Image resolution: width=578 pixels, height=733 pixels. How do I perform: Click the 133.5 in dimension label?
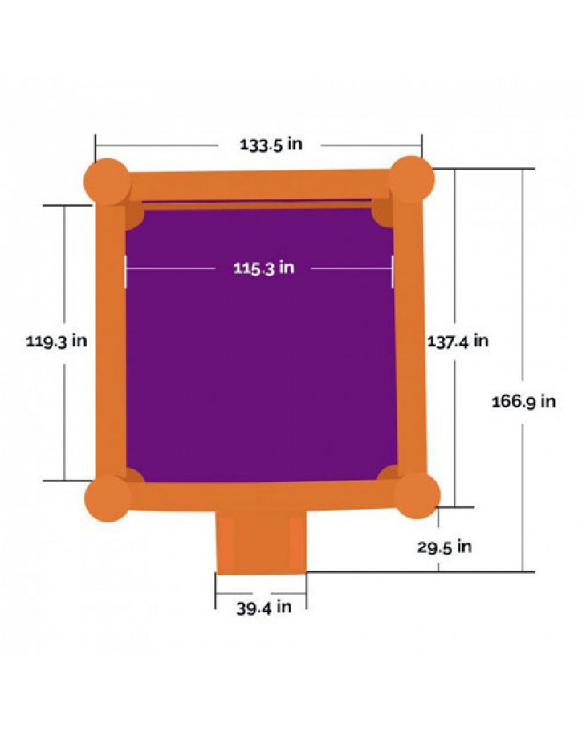pos(271,144)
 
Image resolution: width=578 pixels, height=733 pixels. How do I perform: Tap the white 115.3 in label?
pos(264,268)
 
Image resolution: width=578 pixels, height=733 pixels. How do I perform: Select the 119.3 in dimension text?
pos(56,341)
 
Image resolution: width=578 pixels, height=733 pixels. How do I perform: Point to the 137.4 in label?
pos(458,341)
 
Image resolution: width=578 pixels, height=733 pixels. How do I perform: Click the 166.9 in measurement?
pos(524,402)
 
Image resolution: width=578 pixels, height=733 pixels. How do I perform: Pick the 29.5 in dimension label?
pos(445,547)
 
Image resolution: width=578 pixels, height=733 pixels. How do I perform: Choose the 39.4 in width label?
pos(264,608)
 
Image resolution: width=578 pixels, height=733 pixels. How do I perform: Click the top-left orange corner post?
pos(107,182)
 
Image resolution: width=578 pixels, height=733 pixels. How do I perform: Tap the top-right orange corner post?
pos(411,179)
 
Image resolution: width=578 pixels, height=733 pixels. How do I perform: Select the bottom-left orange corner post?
pos(108,498)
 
